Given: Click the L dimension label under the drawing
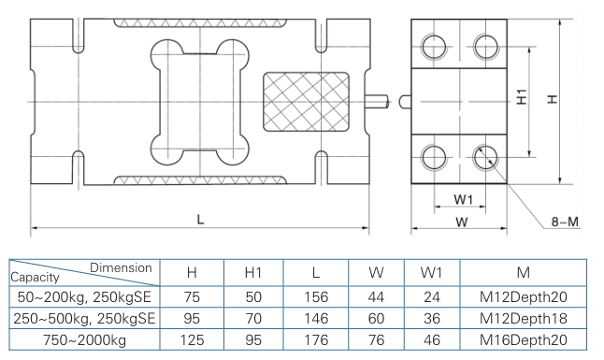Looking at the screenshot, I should (200, 218).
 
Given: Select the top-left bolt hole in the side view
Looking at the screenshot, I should (436, 46).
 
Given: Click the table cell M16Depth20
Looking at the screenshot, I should (523, 339).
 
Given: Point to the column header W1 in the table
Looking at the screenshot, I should (431, 272).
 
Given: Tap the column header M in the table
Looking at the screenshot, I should (523, 272).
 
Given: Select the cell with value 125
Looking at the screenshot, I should (192, 339).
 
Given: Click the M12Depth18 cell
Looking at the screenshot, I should (523, 318).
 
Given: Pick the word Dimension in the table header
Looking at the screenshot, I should (121, 267).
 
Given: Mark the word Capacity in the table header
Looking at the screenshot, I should (35, 278).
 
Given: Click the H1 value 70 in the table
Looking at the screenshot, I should (252, 318).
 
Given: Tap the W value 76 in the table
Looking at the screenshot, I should (377, 339).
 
